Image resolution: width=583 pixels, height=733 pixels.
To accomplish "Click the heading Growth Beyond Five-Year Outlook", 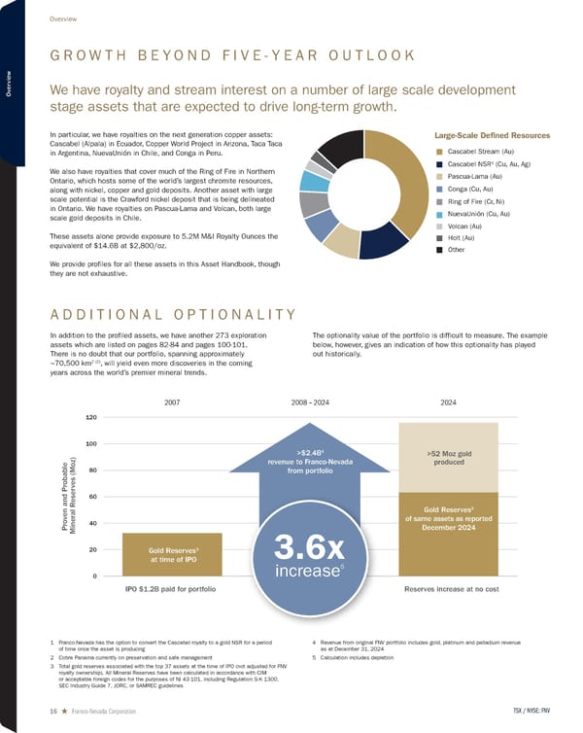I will click(x=232, y=58).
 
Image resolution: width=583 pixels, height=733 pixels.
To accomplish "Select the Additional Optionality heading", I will click(x=170, y=312).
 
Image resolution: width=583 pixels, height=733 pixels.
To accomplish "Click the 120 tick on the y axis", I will click(x=91, y=417).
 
